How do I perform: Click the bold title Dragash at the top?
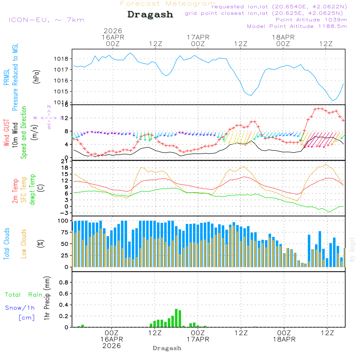coord(150,15)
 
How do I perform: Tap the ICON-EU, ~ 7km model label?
coord(46,20)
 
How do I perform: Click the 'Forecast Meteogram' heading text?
coord(168,4)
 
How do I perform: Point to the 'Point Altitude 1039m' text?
coord(311,19)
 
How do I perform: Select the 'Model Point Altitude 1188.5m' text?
coord(297,26)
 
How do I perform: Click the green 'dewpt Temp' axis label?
coord(33,190)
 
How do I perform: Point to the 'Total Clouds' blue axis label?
coord(6,244)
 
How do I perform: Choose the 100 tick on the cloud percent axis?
coord(63,220)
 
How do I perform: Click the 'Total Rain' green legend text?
coord(23,295)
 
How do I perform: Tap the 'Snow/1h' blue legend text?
coord(20,308)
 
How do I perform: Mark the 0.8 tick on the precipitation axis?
coord(64,283)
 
